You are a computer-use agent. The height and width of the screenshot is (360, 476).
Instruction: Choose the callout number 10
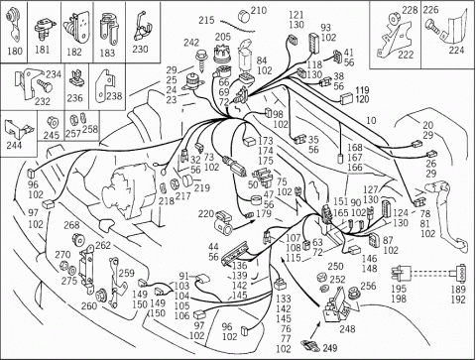(x=372, y=119)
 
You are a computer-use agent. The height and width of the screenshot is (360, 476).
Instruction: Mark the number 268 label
(x=71, y=226)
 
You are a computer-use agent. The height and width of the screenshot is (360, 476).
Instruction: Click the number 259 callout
(x=126, y=273)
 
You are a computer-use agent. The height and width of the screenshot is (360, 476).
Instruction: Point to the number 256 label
(x=369, y=286)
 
